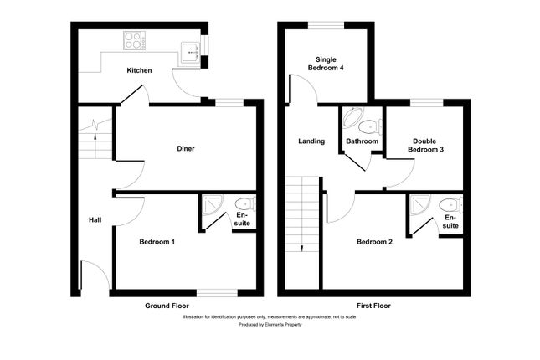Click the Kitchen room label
pyautogui.click(x=139, y=70)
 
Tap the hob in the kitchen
pyautogui.click(x=134, y=39)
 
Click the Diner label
pyautogui.click(x=185, y=149)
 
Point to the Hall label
pyautogui.click(x=95, y=220)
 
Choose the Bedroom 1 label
pyautogui.click(x=157, y=242)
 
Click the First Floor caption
pyautogui.click(x=373, y=306)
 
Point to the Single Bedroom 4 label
pyautogui.click(x=327, y=64)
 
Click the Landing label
pyautogui.click(x=311, y=141)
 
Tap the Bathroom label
pyautogui.click(x=362, y=141)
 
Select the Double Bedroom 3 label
pyautogui.click(x=425, y=145)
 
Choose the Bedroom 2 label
pyautogui.click(x=374, y=242)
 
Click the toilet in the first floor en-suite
pyautogui.click(x=450, y=204)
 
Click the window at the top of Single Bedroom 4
pyautogui.click(x=327, y=28)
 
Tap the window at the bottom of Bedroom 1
pyautogui.click(x=216, y=292)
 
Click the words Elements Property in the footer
pyautogui.click(x=285, y=324)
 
